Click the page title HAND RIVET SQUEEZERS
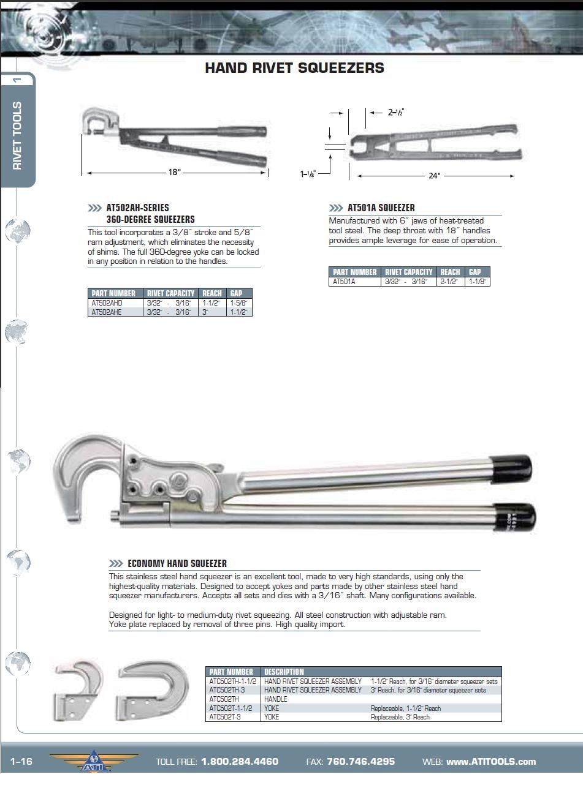click(x=294, y=68)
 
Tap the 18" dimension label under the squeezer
click(x=175, y=173)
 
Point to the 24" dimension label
click(x=434, y=176)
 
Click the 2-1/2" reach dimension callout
click(x=395, y=112)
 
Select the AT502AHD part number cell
click(x=107, y=303)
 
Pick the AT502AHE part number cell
click(x=107, y=312)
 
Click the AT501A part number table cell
click(x=344, y=282)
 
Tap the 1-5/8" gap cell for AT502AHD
click(x=238, y=303)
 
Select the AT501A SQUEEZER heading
click(x=381, y=208)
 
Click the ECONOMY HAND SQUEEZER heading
click(x=177, y=564)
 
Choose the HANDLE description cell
click(x=276, y=699)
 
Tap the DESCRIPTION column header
click(x=284, y=672)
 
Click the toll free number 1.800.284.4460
click(x=239, y=762)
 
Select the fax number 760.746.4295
click(x=360, y=762)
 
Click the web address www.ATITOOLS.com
click(x=490, y=762)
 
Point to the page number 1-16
click(x=21, y=762)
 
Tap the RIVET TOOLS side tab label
click(x=17, y=136)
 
